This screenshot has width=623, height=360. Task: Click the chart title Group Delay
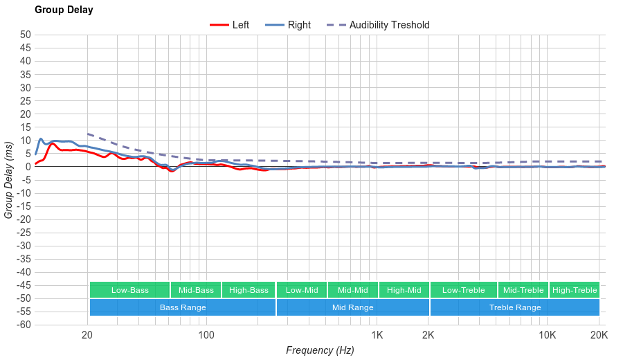[64, 10]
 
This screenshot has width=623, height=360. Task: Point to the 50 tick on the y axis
[26, 35]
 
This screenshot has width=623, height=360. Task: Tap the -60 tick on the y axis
[24, 325]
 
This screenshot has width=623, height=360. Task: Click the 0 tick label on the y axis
[28, 167]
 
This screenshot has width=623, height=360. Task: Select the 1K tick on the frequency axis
[377, 336]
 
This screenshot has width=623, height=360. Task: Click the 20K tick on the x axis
[599, 336]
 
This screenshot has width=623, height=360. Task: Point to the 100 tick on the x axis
[206, 336]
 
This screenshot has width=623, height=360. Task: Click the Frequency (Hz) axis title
[320, 350]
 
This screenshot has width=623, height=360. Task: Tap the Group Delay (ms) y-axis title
[9, 179]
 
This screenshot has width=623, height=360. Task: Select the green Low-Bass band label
[129, 290]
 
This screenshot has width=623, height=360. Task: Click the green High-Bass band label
[249, 290]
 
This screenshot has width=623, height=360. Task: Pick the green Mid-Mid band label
[352, 290]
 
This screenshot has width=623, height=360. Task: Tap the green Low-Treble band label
[463, 290]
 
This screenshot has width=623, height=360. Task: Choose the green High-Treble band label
[575, 290]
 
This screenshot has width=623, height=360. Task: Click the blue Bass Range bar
[183, 307]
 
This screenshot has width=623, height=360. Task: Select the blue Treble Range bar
[515, 307]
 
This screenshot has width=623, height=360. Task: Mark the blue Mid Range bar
[352, 307]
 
